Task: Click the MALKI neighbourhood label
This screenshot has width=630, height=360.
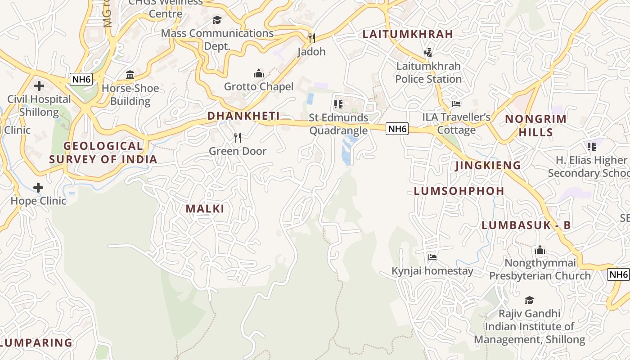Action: pyautogui.click(x=205, y=209)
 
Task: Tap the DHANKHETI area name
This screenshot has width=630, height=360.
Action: pyautogui.click(x=243, y=116)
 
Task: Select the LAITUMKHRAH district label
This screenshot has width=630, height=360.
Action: pyautogui.click(x=408, y=34)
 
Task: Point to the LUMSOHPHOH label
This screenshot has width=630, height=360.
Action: pyautogui.click(x=459, y=191)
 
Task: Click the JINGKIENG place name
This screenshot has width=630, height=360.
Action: pyautogui.click(x=488, y=165)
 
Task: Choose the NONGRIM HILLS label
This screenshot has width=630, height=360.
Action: pyautogui.click(x=535, y=126)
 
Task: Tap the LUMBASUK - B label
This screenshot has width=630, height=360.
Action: pyautogui.click(x=526, y=225)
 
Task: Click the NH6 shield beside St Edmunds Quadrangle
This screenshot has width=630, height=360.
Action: pyautogui.click(x=397, y=129)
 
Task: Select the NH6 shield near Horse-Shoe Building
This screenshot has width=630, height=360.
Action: pyautogui.click(x=81, y=80)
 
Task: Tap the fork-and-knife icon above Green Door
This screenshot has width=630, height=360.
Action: pyautogui.click(x=238, y=138)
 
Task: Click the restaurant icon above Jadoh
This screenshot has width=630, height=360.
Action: pyautogui.click(x=311, y=38)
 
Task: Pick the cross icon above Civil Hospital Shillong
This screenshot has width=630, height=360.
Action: pyautogui.click(x=39, y=85)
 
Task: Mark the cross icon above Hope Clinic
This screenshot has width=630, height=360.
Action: pyautogui.click(x=38, y=187)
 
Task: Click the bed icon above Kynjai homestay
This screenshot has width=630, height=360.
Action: pyautogui.click(x=432, y=257)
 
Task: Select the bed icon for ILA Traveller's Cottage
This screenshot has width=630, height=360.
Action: pyautogui.click(x=456, y=104)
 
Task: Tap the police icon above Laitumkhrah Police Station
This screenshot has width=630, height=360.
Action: pyautogui.click(x=428, y=52)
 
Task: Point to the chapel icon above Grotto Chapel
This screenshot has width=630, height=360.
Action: pyautogui.click(x=258, y=73)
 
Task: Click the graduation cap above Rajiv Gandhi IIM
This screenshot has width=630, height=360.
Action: pyautogui.click(x=529, y=300)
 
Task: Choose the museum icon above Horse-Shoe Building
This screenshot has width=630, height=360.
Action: pyautogui.click(x=130, y=75)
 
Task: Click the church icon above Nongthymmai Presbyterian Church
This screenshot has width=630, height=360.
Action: pyautogui.click(x=540, y=250)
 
